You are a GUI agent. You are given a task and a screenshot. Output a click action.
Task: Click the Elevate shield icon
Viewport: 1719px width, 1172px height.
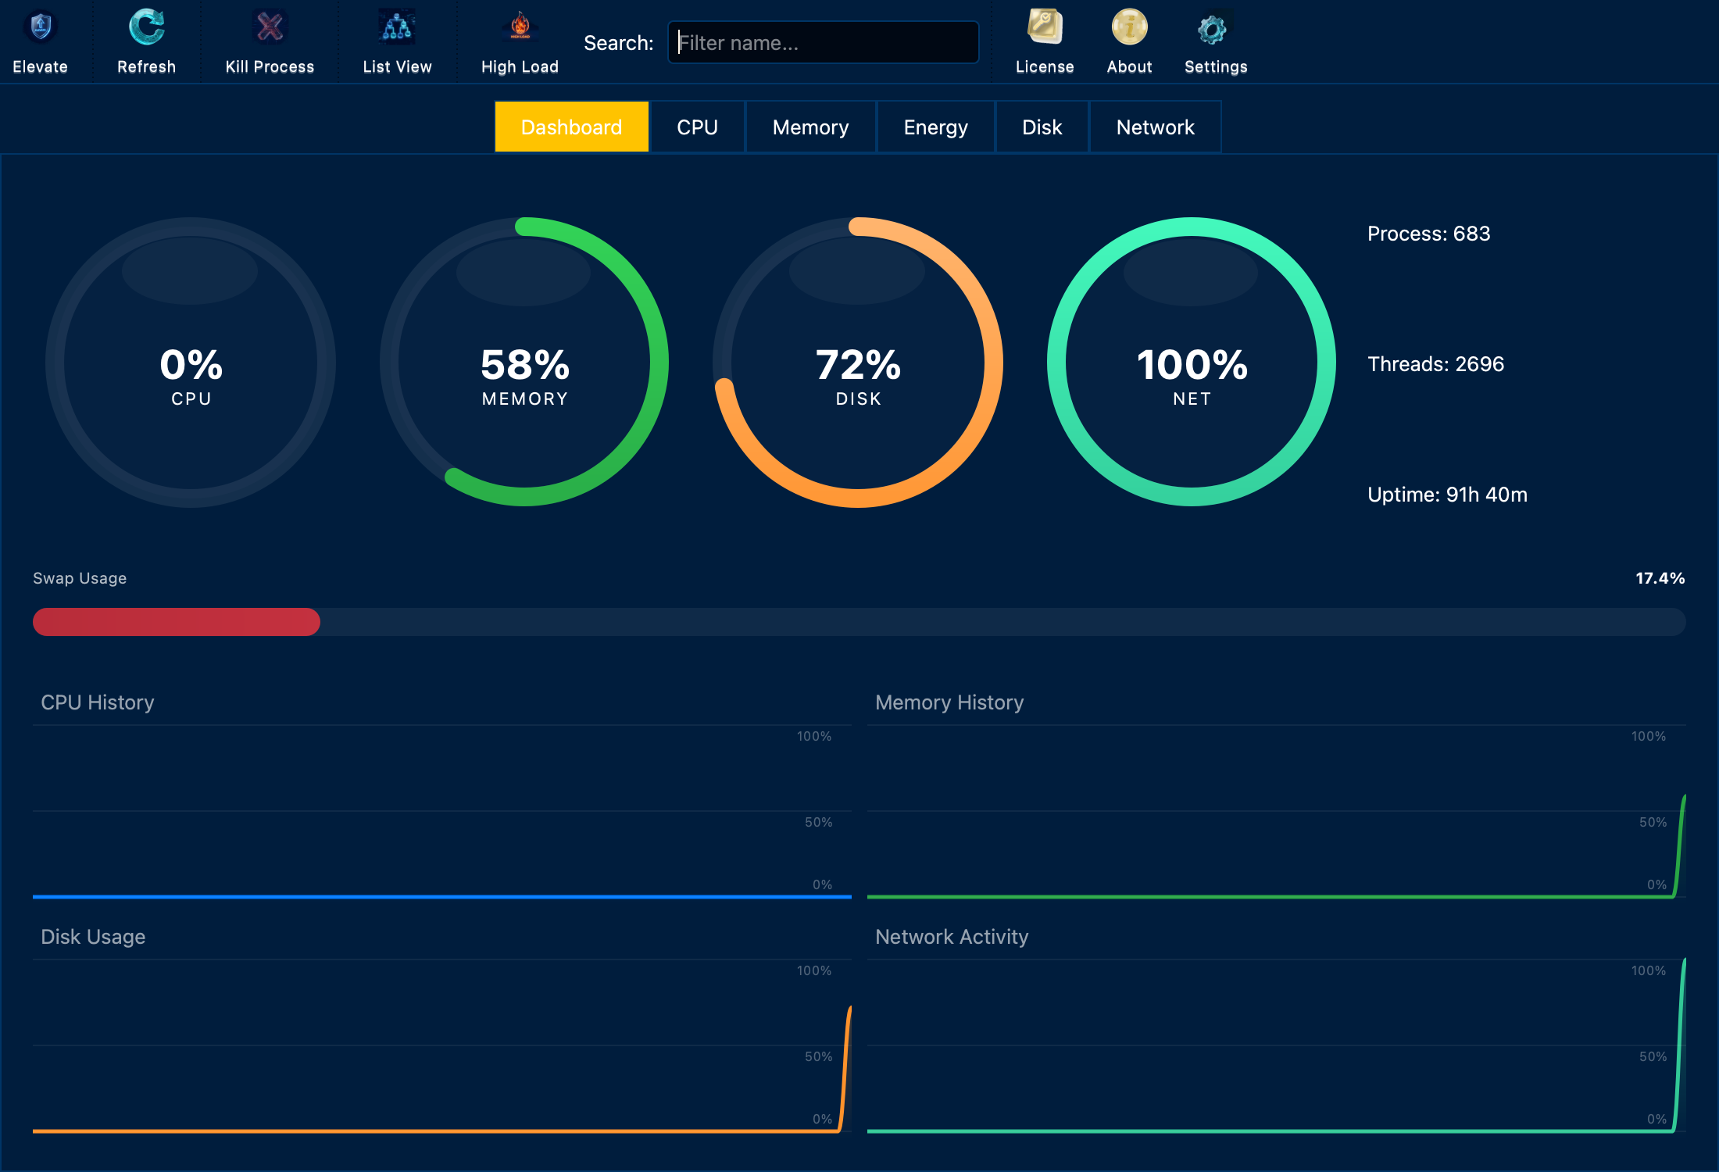point(41,28)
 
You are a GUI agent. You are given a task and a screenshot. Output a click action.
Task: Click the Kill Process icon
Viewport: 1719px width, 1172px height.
point(270,28)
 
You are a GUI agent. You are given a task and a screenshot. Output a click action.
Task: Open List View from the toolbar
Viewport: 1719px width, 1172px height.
point(397,28)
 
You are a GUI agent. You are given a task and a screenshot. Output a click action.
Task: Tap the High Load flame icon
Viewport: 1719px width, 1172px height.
point(520,28)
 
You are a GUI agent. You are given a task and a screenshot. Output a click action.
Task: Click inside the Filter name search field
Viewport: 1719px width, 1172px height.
point(822,43)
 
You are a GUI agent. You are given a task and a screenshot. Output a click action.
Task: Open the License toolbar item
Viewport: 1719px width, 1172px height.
point(1045,28)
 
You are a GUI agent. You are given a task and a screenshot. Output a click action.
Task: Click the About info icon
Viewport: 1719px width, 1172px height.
point(1129,28)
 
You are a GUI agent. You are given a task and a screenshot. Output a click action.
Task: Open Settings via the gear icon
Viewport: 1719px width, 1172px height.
point(1213,30)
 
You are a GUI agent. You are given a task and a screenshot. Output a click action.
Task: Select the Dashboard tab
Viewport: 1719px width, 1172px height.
point(571,127)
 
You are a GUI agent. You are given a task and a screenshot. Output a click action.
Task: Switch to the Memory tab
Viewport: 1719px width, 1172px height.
point(810,127)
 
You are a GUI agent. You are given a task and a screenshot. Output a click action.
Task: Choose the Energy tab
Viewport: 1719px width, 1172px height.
point(935,127)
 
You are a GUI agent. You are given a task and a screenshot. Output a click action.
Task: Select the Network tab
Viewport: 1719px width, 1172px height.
point(1155,127)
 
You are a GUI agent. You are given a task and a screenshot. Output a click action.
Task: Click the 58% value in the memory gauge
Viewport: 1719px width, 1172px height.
point(525,365)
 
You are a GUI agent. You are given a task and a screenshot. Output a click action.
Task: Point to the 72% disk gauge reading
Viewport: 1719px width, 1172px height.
point(858,365)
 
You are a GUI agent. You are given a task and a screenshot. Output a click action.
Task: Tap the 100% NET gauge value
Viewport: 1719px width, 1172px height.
point(1192,365)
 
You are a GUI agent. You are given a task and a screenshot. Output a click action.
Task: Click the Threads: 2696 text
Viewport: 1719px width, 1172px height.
point(1435,364)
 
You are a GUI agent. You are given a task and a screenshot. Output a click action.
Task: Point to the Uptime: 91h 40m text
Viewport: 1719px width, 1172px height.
point(1447,495)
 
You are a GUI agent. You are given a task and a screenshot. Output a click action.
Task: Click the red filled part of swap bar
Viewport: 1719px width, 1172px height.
point(176,622)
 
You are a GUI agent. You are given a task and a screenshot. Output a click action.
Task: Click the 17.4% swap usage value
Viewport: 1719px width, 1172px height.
point(1660,578)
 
